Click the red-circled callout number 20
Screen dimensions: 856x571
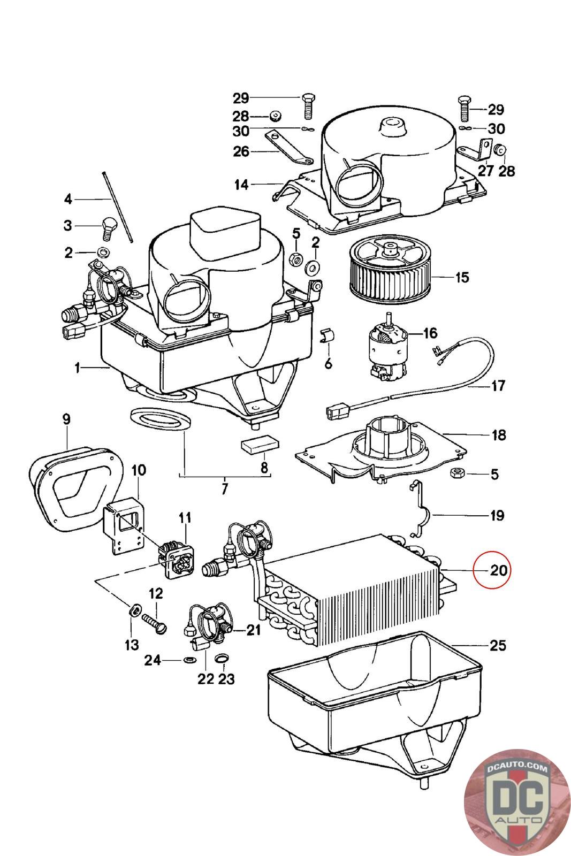point(498,570)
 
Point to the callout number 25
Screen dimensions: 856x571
point(497,646)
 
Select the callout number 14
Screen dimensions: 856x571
point(241,185)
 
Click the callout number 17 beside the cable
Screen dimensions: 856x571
point(498,385)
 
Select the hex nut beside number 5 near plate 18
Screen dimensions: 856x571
point(458,473)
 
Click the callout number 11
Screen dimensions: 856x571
point(185,517)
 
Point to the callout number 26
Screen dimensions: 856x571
point(241,151)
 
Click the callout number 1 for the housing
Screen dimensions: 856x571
point(78,368)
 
